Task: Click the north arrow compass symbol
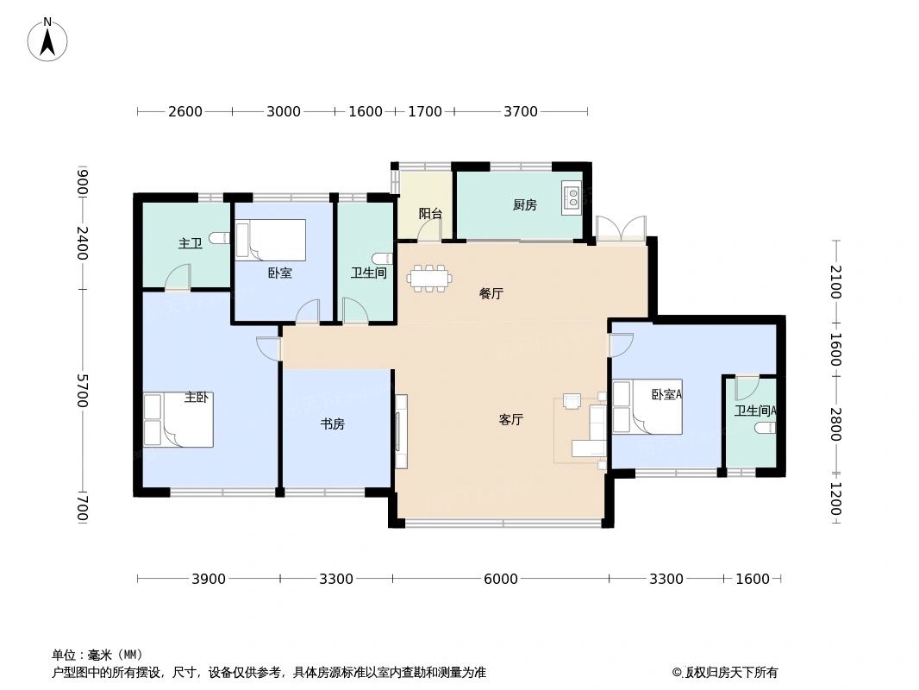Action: (x=47, y=39)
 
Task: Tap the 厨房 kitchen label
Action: (x=524, y=205)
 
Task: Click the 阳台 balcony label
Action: (x=430, y=213)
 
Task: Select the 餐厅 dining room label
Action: (x=491, y=294)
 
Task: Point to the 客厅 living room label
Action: (x=510, y=420)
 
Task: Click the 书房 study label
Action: (x=333, y=423)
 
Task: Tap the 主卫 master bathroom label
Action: (x=190, y=244)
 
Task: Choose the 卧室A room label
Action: (x=666, y=395)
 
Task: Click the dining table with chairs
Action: (x=428, y=279)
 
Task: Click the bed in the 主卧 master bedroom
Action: (x=178, y=420)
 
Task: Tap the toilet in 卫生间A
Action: (x=764, y=428)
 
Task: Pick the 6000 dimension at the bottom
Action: (x=500, y=580)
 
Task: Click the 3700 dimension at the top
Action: (x=521, y=111)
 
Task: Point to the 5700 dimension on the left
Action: (x=82, y=391)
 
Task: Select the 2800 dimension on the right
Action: (x=835, y=423)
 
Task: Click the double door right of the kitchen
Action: (x=620, y=229)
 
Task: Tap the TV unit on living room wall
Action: (x=400, y=431)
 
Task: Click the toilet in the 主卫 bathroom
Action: (x=219, y=238)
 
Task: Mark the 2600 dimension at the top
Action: (x=184, y=111)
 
